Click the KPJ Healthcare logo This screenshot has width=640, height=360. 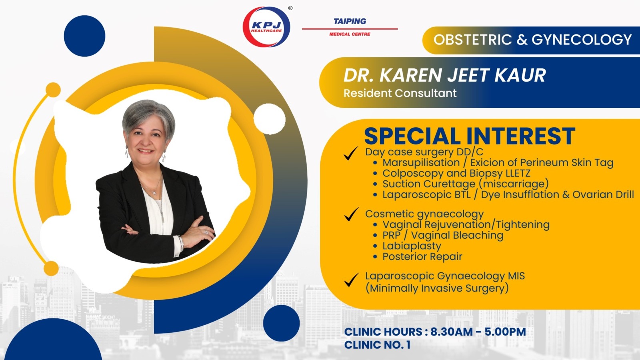266,26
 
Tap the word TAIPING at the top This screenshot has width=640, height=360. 350,21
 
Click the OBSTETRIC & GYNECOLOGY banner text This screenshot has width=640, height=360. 532,40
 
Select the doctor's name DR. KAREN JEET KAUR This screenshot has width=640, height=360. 444,75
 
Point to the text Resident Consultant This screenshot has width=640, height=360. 400,93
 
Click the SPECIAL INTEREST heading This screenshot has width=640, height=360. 470,136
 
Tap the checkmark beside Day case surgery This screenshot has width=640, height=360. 351,154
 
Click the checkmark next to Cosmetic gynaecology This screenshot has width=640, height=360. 351,214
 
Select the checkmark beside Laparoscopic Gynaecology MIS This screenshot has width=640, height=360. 352,280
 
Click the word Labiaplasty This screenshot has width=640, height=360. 412,246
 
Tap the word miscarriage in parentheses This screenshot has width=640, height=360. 514,184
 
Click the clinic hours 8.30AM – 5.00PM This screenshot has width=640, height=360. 478,332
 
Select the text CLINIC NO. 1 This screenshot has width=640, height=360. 377,345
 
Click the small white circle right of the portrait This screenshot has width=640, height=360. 270,119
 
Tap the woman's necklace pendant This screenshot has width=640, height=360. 155,193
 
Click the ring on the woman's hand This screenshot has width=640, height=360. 205,232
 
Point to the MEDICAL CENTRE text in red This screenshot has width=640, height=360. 350,34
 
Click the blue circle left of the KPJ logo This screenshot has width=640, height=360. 84,36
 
